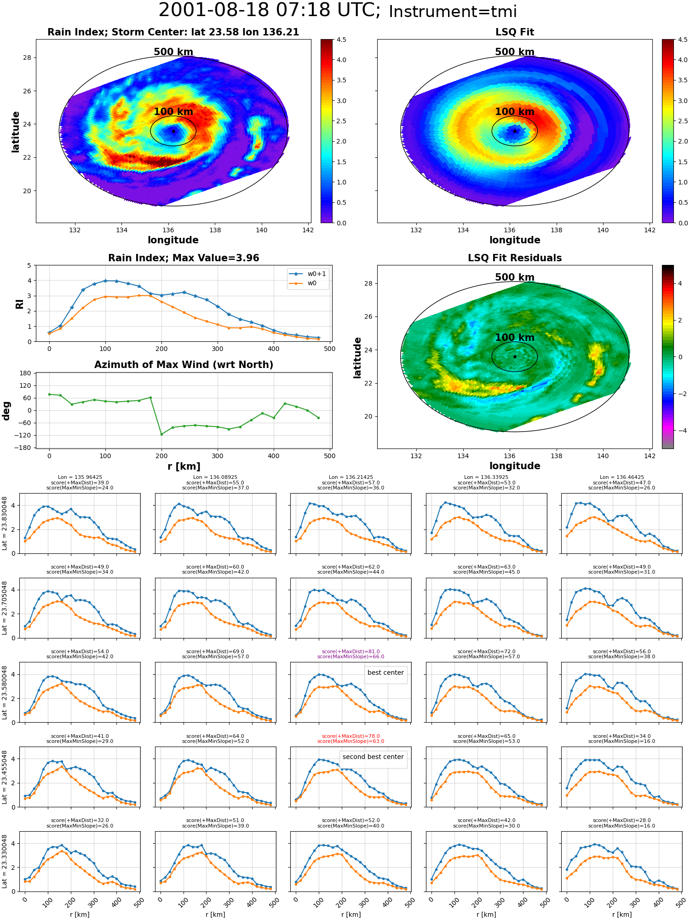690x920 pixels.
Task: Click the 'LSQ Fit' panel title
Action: coord(514,32)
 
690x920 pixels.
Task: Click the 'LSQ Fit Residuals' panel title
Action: coord(515,258)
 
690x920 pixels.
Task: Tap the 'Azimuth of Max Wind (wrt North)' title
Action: coord(184,365)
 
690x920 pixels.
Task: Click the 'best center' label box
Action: coord(385,673)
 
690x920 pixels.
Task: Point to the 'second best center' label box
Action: coord(373,757)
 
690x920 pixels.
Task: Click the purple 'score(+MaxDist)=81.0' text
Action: coord(351,651)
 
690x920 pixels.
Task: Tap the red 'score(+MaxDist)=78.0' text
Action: coord(351,736)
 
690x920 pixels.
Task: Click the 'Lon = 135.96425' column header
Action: coord(80,477)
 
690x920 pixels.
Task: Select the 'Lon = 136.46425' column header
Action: coord(621,477)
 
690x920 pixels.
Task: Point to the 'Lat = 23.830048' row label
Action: coord(5,523)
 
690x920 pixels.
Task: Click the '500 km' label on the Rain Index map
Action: coord(173,52)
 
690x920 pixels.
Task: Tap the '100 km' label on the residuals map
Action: coord(515,338)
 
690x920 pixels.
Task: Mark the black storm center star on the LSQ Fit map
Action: coord(515,131)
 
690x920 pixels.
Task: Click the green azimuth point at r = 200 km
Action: coord(161,434)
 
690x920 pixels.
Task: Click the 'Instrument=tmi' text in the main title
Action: coord(453,11)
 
